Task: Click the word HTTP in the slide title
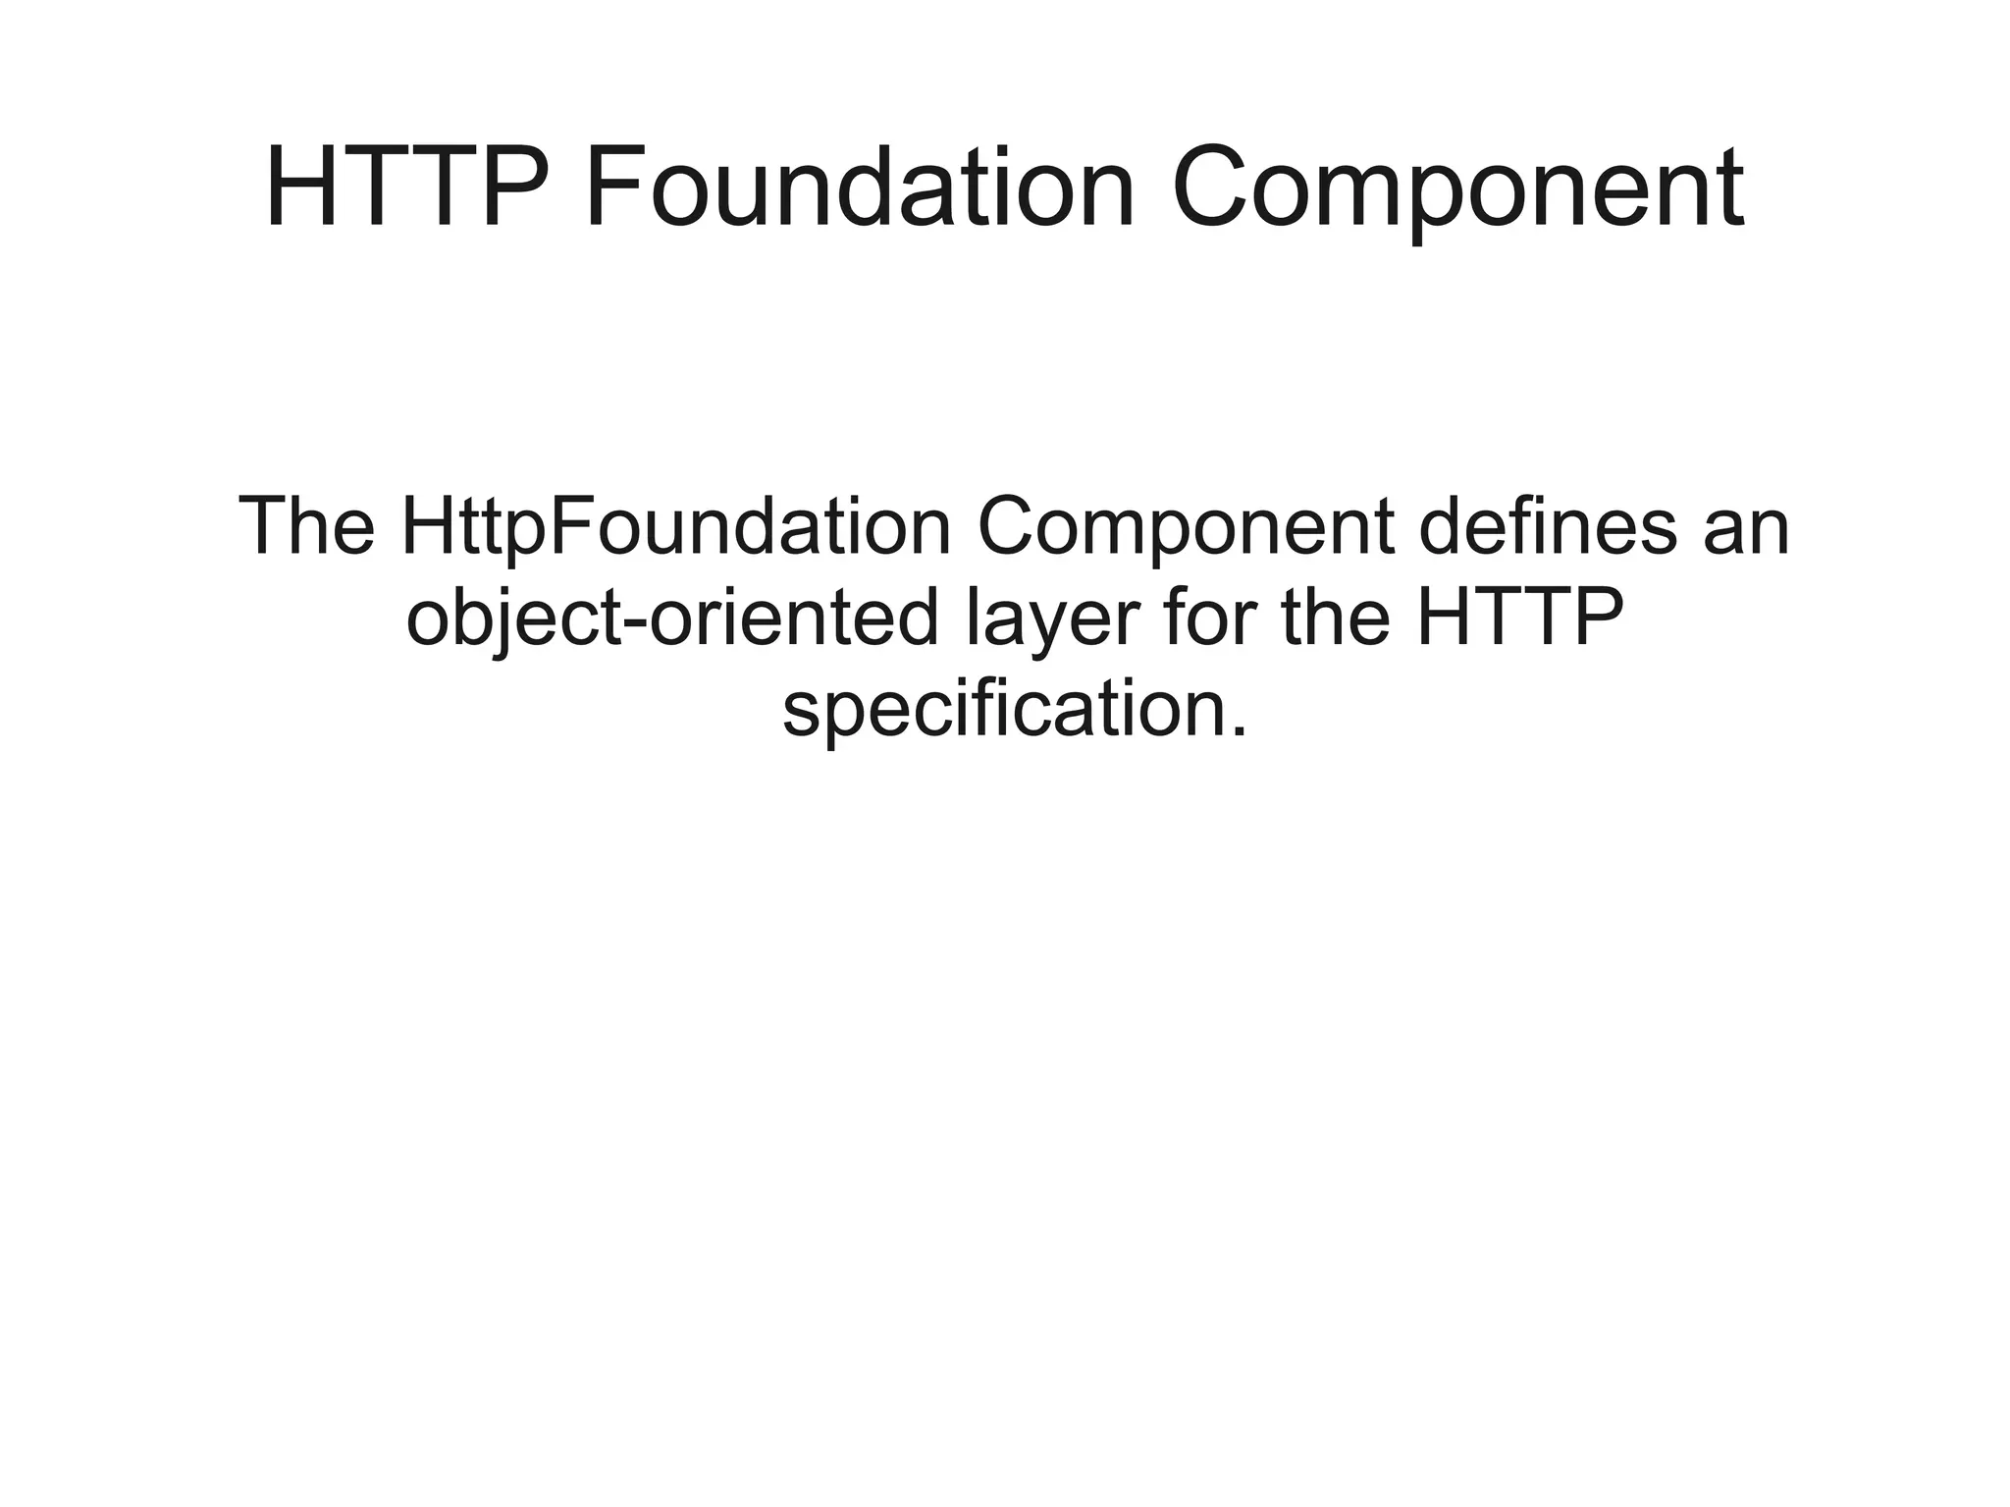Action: click(x=404, y=187)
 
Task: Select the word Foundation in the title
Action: click(x=860, y=187)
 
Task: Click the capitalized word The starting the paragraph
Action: click(x=306, y=527)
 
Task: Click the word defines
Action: click(x=1548, y=527)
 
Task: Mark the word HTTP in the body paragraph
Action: click(x=1519, y=619)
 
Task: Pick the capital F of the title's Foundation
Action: click(x=611, y=187)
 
